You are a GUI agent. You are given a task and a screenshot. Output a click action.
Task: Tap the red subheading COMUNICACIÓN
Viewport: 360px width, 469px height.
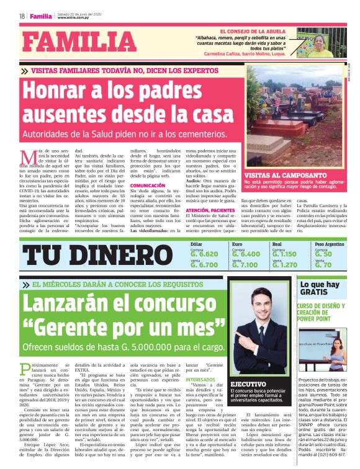coord(148,185)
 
